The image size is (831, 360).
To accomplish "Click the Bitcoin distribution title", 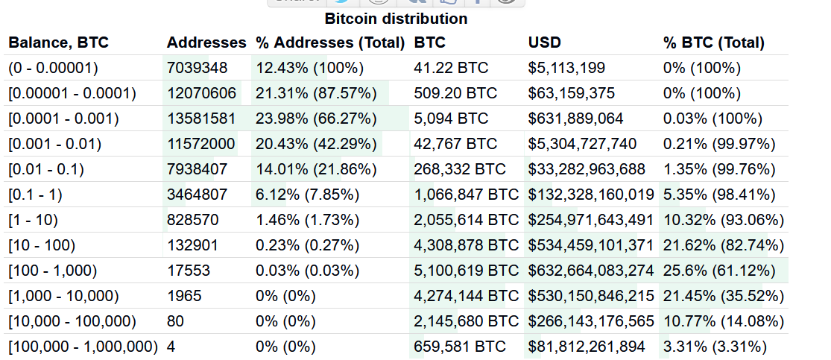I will [396, 19].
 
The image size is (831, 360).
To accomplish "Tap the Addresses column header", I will [206, 42].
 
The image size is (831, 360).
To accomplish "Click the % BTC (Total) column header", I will [713, 42].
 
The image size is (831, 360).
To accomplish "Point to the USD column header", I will [544, 42].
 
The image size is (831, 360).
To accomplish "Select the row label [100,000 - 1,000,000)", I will [83, 347].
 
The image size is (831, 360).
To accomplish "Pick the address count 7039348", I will [197, 68].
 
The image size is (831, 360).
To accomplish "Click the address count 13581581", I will [201, 119].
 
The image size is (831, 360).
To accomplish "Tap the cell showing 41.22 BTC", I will [451, 68].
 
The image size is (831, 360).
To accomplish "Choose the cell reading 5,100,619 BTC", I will [466, 271].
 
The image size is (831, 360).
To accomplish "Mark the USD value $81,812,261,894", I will [587, 347].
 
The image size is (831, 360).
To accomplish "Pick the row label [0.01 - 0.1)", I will [46, 169].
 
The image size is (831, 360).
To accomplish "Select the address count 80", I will [175, 321].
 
